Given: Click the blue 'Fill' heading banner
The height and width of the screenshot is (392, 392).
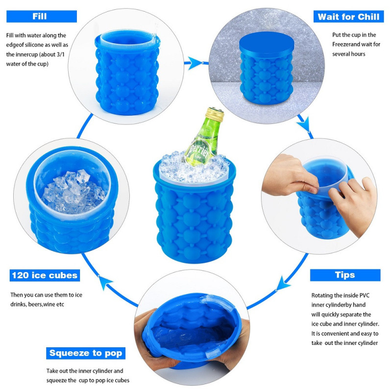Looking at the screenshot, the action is [42, 17].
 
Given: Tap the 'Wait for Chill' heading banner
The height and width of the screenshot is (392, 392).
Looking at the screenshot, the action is [348, 17].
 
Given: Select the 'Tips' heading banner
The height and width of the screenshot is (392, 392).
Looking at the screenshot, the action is [345, 275].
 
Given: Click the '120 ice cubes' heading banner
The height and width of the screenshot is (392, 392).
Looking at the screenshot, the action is [45, 275].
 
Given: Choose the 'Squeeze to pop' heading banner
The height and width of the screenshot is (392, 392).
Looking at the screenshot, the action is [86, 353].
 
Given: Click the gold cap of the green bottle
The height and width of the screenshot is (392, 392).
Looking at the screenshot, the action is [215, 114].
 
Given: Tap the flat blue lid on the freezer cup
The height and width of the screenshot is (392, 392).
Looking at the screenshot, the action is [267, 44].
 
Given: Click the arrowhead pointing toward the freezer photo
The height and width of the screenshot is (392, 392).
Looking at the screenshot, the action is [195, 63].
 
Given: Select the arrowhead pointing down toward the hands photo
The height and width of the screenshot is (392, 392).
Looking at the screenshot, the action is [305, 123].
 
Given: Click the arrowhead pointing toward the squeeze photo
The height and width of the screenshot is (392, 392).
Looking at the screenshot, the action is [283, 284].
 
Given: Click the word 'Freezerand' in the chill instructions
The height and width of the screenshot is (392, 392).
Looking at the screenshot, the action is [346, 45].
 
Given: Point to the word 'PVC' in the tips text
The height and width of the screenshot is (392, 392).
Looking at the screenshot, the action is [364, 295].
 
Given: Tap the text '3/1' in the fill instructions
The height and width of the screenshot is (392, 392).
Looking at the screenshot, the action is [60, 54].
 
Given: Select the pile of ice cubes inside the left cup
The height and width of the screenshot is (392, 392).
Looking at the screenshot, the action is [73, 191].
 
